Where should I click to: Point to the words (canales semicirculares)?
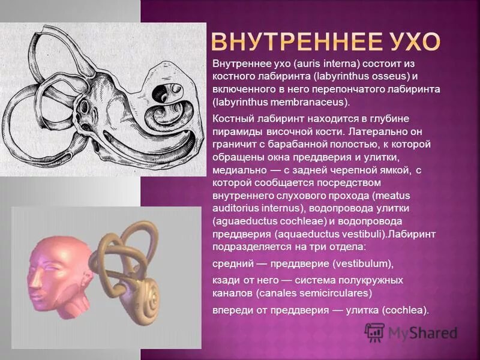[314, 293]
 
